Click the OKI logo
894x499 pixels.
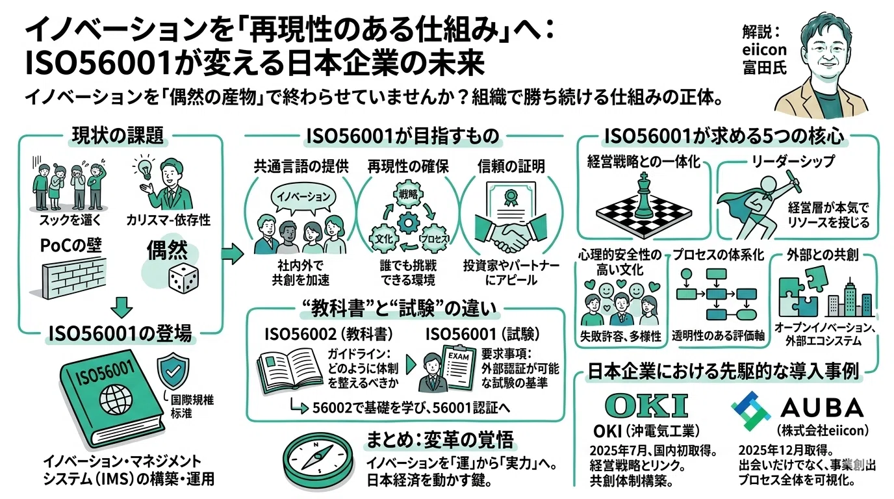646,405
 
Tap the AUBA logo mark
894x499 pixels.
750,411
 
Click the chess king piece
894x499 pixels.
644,196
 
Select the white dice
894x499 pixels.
183,278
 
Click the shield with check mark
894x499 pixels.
173,372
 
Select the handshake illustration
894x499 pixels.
511,235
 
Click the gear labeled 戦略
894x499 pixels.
408,194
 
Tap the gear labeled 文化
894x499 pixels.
384,238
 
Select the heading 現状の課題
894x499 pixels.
118,135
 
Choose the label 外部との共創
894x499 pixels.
823,255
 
